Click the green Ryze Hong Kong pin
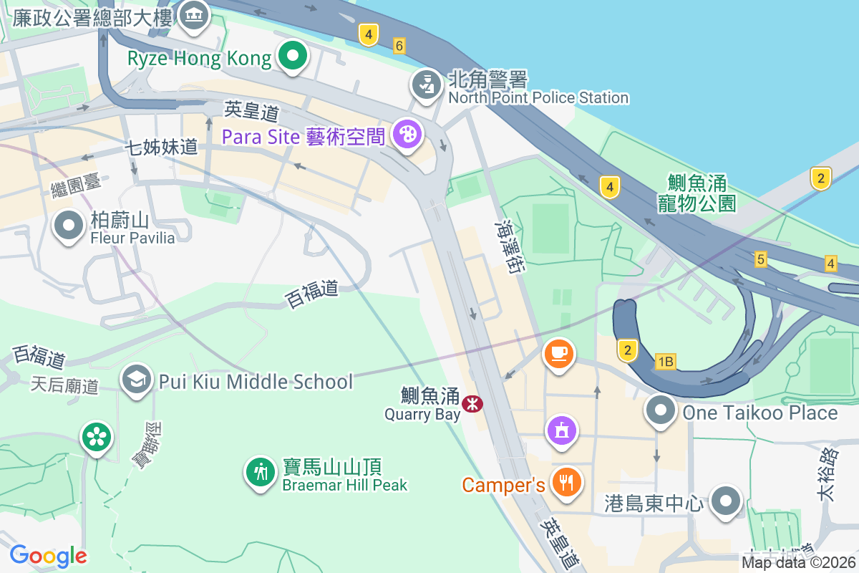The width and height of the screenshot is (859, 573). point(292,57)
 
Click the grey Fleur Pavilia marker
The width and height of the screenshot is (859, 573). point(69,226)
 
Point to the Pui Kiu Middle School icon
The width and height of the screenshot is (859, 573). point(135,380)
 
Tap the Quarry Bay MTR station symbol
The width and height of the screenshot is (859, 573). point(472,404)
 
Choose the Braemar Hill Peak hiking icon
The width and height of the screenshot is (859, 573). point(261,473)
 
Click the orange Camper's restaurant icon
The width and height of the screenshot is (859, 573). point(566,482)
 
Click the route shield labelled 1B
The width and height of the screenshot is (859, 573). point(666,362)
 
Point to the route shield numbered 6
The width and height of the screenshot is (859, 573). point(399,46)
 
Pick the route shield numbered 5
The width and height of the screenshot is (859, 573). point(760,259)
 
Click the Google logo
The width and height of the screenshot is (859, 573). point(48,555)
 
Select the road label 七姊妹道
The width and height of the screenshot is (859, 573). point(161,148)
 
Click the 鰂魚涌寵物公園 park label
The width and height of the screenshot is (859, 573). point(697,192)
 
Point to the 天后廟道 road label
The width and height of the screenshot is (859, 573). point(64,385)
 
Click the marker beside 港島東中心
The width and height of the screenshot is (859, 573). point(726,501)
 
